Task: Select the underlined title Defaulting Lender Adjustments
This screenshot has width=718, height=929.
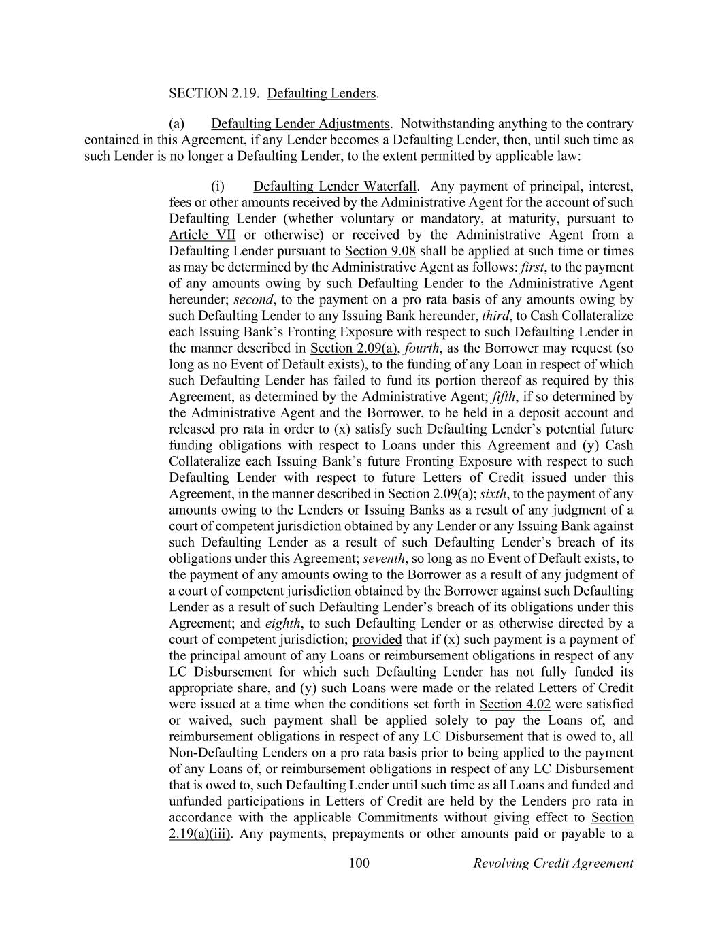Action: click(x=300, y=124)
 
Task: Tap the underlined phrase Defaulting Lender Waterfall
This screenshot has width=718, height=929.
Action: click(x=335, y=186)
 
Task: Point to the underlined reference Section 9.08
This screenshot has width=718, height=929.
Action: click(x=380, y=251)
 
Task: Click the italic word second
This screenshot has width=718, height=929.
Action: click(x=253, y=300)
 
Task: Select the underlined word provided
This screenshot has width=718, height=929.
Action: click(x=376, y=640)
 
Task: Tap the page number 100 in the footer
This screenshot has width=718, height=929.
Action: click(x=359, y=864)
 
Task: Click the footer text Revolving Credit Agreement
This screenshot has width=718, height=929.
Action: click(x=553, y=864)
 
